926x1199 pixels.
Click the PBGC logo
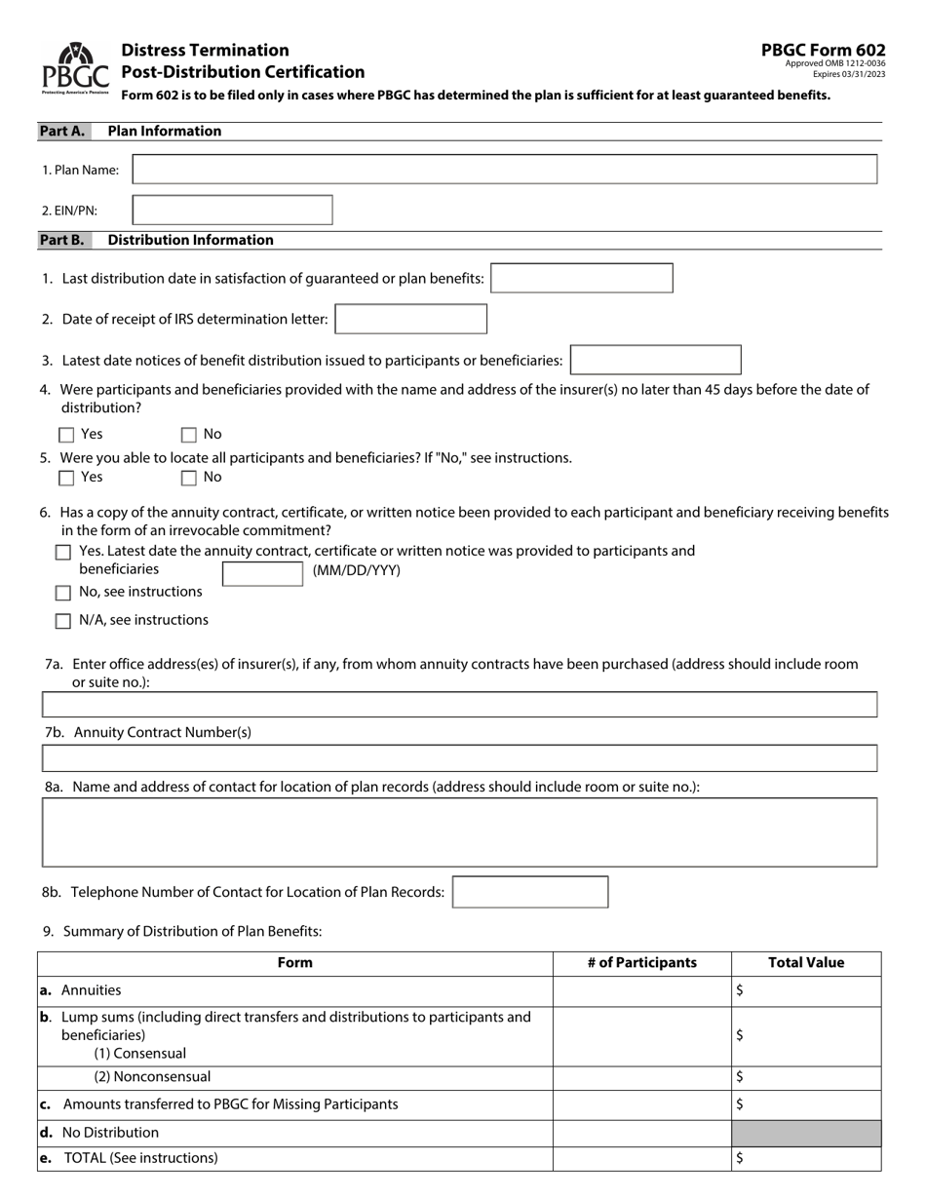75,67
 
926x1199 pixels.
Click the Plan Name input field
504,170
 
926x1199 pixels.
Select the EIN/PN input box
232,211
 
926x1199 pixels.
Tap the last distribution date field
582,279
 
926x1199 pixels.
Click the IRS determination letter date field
410,320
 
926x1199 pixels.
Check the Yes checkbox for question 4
67,435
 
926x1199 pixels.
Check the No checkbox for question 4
189,435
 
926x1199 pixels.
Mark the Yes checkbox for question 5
67,478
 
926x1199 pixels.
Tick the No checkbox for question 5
189,478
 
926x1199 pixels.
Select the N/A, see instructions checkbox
63,621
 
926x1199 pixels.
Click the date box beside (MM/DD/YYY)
262,573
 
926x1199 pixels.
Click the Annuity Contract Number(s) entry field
459,758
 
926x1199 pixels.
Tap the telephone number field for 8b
530,892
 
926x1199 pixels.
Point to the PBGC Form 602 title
824,51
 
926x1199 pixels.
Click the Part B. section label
61,240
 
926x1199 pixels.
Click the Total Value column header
806,963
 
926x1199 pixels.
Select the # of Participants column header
642,963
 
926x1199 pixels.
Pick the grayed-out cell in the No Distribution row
806,1133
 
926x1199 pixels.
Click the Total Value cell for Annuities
806,991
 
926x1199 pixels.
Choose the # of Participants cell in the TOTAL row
642,1158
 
